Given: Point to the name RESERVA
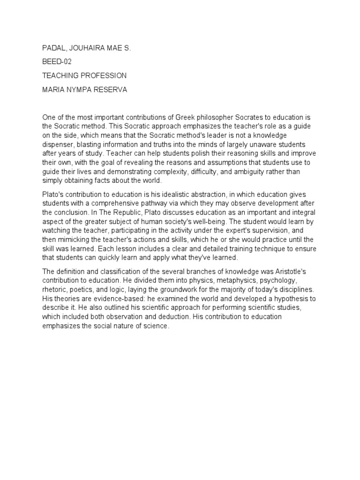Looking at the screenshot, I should click(x=109, y=89).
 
